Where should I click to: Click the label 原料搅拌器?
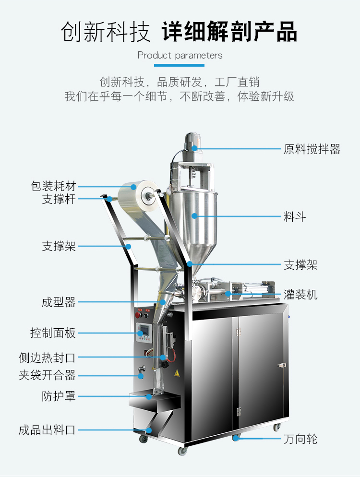[x=312, y=149]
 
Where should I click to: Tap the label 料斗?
[x=294, y=217]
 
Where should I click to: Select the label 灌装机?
[x=300, y=294]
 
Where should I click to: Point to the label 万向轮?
[x=300, y=439]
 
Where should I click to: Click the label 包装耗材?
[x=53, y=186]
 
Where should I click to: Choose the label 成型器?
[x=59, y=302]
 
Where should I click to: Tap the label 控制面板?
[x=53, y=333]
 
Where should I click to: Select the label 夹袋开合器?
[x=47, y=375]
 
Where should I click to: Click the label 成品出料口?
[x=47, y=430]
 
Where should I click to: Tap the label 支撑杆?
[x=59, y=199]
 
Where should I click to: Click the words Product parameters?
[x=180, y=55]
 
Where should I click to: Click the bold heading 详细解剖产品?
[x=229, y=32]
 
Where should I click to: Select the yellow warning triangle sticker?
[x=176, y=374]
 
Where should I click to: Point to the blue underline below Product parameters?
[x=180, y=65]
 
